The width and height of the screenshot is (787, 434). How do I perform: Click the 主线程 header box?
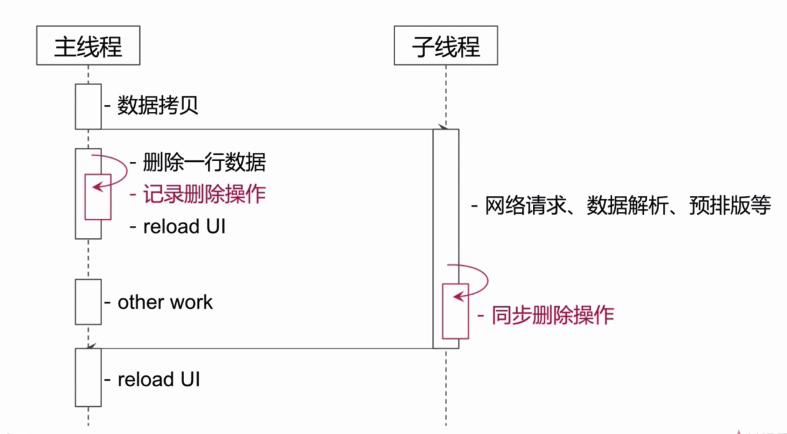coord(88,45)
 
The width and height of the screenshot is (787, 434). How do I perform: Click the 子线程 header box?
coord(446,45)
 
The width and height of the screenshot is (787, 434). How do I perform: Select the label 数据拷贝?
coord(157,105)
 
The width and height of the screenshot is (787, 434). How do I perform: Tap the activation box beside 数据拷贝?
coord(88,106)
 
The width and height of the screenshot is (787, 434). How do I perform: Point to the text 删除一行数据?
coord(204,162)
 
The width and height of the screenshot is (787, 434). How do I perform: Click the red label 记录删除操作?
coord(204,194)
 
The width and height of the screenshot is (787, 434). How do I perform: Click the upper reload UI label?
coord(184,226)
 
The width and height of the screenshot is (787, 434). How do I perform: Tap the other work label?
coord(165,302)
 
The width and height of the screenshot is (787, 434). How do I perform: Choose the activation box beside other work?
coord(88,302)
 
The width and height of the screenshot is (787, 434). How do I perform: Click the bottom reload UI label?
coord(158,379)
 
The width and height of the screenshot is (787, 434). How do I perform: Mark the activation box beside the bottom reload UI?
coord(88,377)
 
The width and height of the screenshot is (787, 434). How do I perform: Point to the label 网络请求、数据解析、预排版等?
coord(628,205)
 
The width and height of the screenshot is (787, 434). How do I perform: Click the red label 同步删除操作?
coord(553,315)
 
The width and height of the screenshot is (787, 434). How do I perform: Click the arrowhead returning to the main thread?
coord(91,346)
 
